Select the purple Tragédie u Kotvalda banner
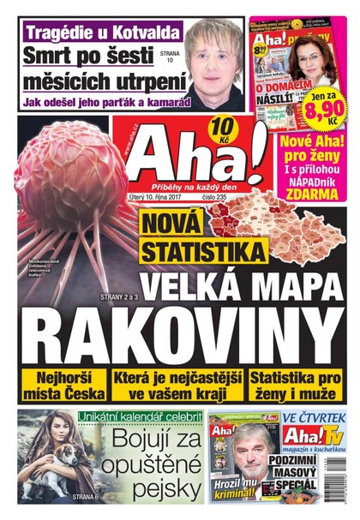pyautogui.click(x=103, y=34)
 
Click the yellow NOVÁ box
pyautogui.click(x=171, y=224)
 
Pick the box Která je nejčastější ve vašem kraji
pyautogui.click(x=177, y=386)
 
